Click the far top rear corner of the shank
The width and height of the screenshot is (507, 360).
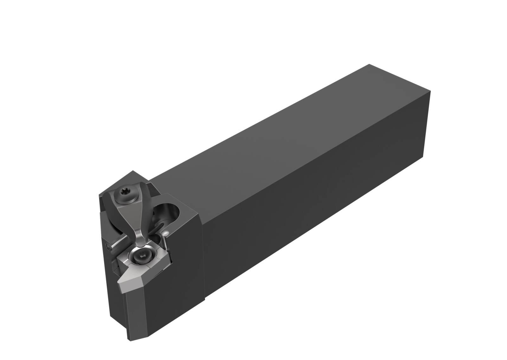coord(369,65)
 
